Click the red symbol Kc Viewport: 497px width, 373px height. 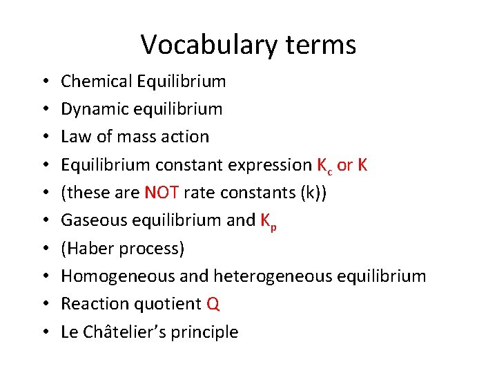click(x=325, y=166)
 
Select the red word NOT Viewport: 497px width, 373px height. click(x=162, y=193)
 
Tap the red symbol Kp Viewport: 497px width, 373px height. click(x=268, y=222)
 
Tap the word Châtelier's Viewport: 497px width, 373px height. click(x=122, y=332)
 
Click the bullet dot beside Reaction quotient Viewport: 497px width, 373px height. click(x=44, y=304)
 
